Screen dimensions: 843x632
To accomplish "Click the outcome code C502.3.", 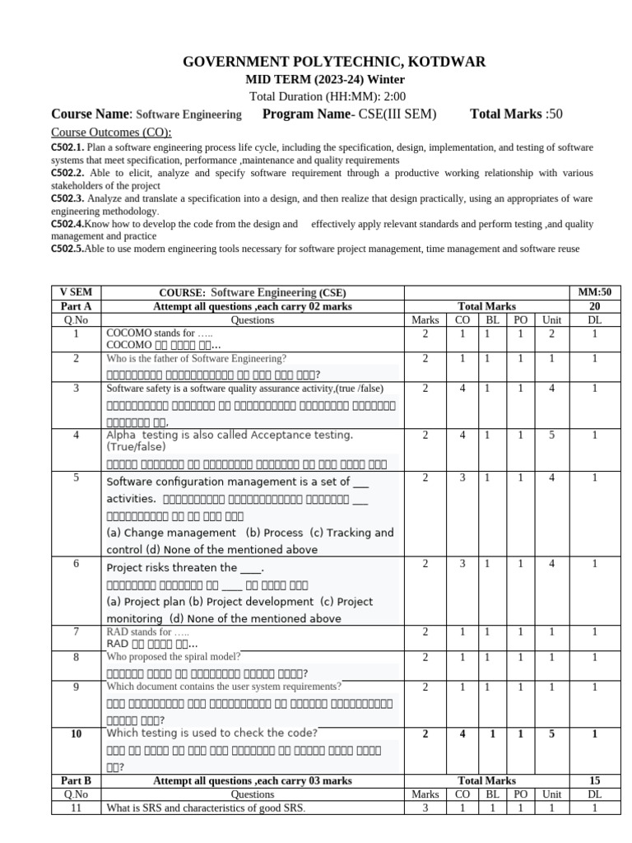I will pos(67,198).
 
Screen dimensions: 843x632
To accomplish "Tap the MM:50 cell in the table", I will pos(595,292).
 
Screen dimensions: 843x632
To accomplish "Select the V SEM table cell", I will pos(75,292).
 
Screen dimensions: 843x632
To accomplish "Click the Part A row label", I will pos(75,305).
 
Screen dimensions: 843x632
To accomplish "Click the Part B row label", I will pos(75,780).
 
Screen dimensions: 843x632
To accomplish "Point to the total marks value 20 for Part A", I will pos(595,305).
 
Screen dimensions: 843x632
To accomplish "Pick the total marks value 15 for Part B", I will pos(595,780).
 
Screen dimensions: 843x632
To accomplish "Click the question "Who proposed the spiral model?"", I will pos(174,657).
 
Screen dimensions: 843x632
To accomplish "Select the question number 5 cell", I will pos(75,477).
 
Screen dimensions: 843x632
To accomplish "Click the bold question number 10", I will pos(75,734).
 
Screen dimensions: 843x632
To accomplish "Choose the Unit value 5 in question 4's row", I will pos(551,435).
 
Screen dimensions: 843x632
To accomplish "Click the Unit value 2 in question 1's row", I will pos(551,333).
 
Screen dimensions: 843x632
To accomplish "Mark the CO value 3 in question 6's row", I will pos(462,564).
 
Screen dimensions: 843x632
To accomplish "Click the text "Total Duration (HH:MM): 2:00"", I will pos(316,95).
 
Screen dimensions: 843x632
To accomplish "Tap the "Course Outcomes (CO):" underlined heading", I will pos(111,133).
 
